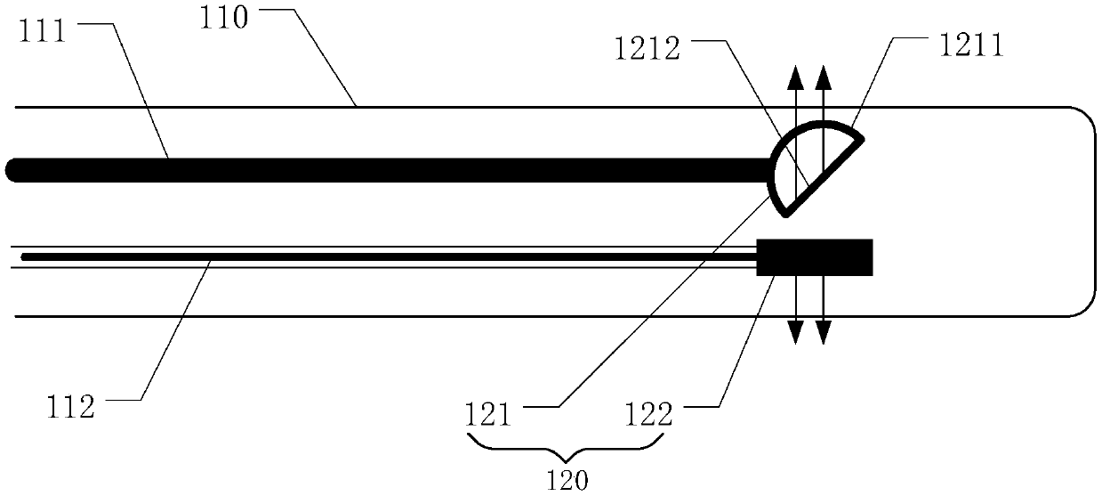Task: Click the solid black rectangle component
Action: [x=814, y=257]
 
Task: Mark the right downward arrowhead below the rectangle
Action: [x=824, y=334]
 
